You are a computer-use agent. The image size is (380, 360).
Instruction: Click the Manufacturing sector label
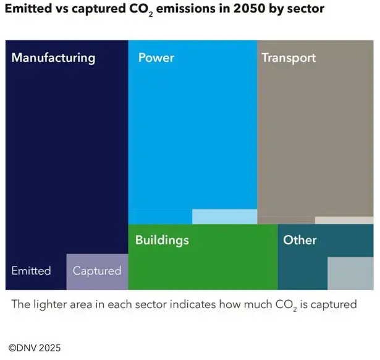pos(54,58)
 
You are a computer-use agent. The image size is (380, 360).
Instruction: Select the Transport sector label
pos(289,58)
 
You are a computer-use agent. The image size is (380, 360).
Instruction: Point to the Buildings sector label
pos(162,240)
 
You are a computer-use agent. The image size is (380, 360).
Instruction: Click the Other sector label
pos(300,240)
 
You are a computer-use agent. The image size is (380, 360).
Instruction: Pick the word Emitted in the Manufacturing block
pos(31,271)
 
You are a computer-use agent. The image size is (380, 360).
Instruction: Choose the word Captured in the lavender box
pos(97,271)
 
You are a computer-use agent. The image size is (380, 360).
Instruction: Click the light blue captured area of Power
pos(224,216)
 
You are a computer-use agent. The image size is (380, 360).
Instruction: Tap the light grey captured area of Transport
pos(344,220)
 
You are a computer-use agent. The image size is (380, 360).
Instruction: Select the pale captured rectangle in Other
pos(350,273)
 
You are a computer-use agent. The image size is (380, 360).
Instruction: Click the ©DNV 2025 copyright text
pos(35,348)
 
